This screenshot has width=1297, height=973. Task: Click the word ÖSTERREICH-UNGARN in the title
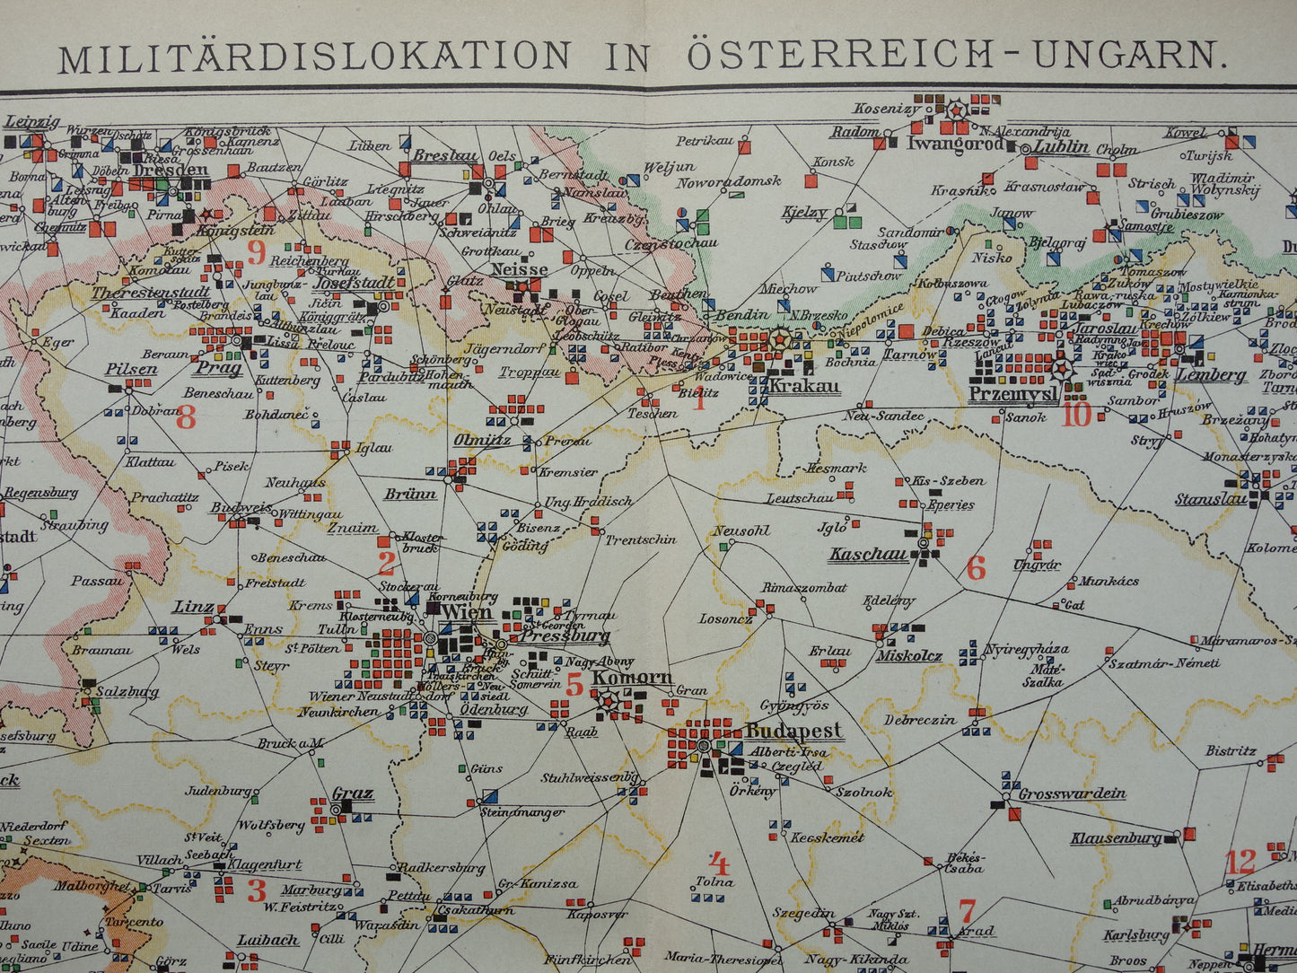956,56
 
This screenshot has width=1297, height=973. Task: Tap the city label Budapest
793,730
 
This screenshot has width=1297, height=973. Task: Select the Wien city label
467,614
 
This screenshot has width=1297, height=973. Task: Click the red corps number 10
1076,414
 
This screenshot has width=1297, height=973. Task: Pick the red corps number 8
186,417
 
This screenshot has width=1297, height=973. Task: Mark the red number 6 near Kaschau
976,568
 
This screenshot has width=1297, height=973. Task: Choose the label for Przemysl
1013,394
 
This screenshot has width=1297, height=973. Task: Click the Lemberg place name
1211,375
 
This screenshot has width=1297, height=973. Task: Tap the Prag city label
219,368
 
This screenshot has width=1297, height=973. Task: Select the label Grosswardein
1072,793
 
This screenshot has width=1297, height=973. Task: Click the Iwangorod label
955,143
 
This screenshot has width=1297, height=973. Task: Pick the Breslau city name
445,155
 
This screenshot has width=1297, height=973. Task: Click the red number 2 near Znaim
386,564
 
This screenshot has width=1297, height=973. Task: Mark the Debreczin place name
920,720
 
